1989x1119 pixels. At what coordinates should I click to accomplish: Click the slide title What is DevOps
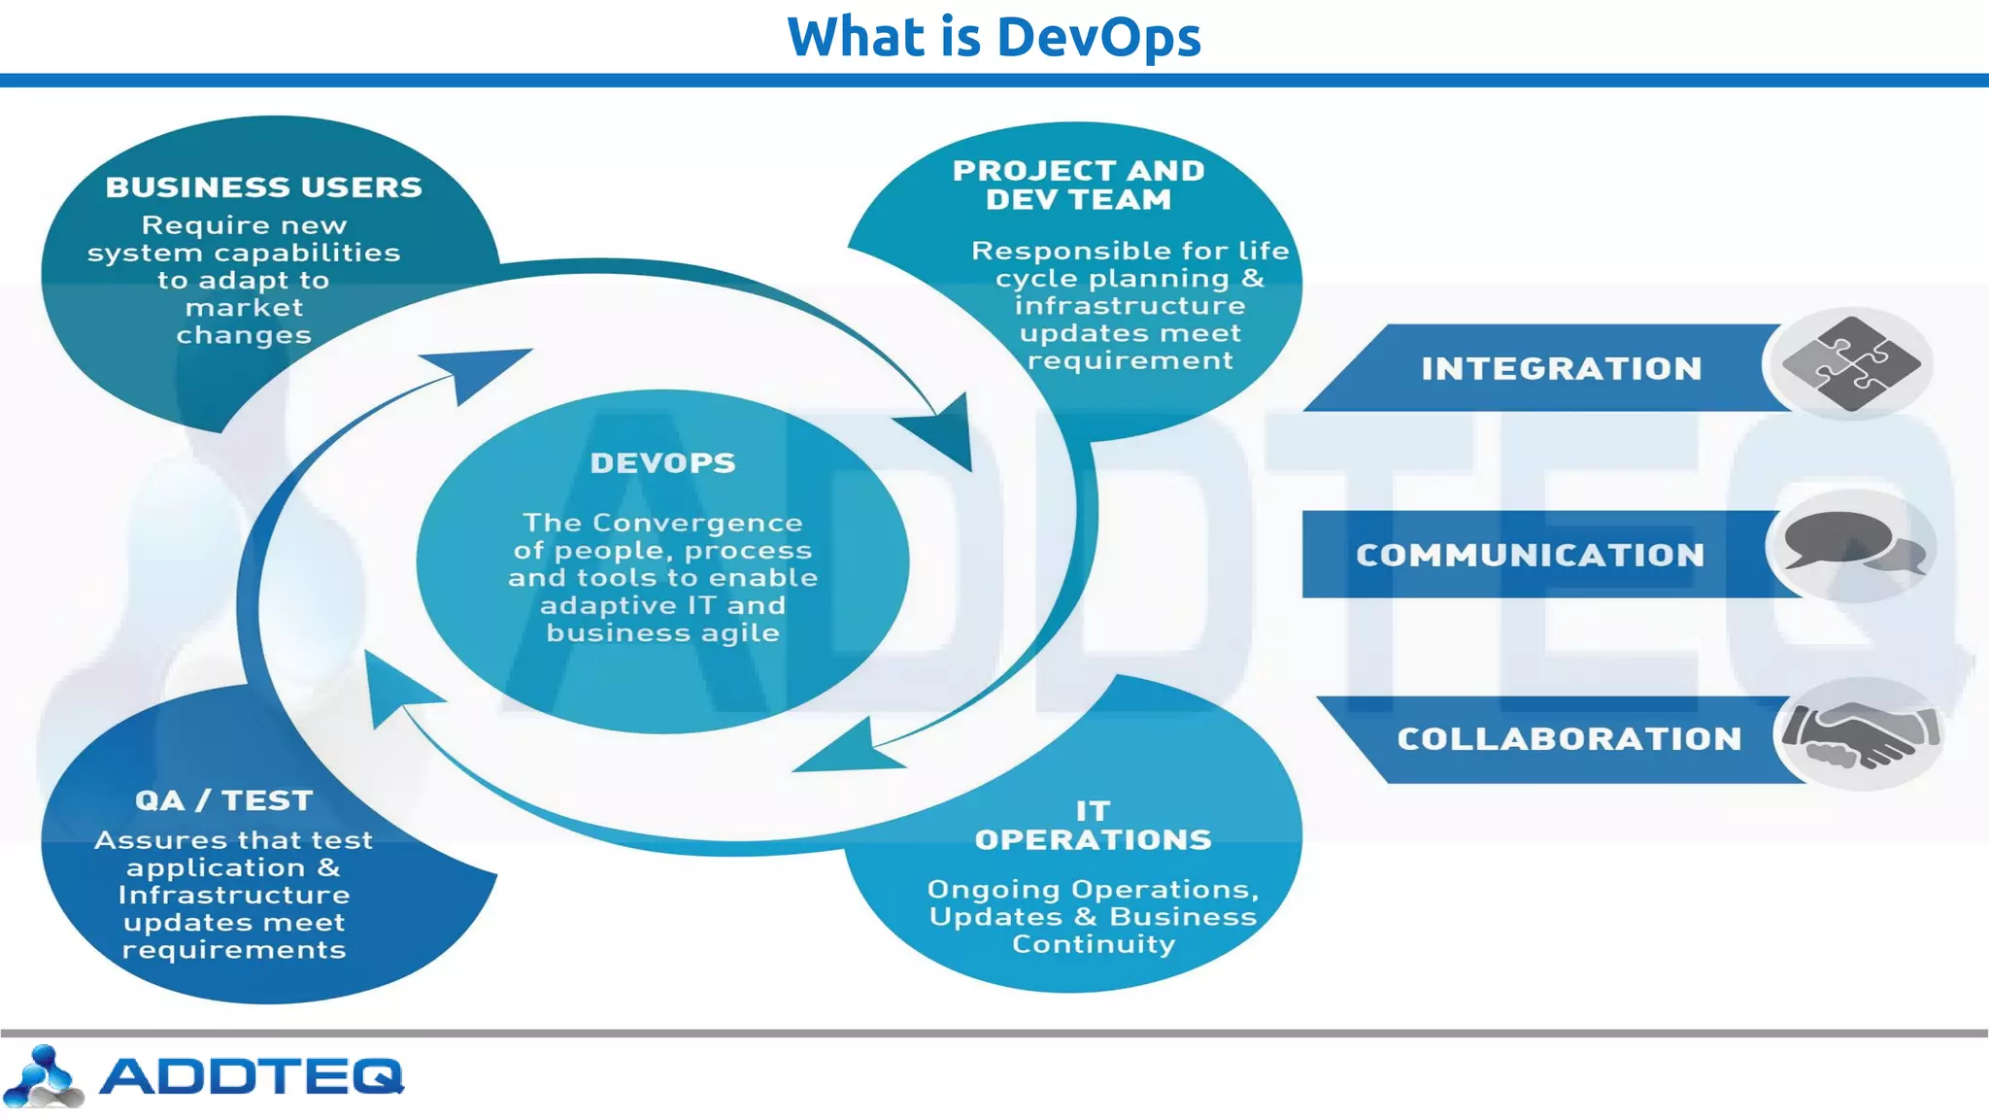click(x=994, y=37)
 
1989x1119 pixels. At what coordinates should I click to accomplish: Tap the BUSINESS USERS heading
click(x=263, y=186)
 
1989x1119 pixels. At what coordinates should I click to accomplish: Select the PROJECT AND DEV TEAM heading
click(x=1078, y=185)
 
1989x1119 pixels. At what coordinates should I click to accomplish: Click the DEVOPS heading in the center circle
click(x=662, y=463)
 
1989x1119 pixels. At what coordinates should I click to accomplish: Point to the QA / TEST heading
click(x=224, y=800)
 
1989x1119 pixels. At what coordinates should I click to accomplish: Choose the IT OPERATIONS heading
click(x=1093, y=826)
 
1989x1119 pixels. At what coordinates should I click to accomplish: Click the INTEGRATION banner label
click(x=1561, y=369)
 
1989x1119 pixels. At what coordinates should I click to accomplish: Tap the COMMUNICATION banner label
click(x=1530, y=555)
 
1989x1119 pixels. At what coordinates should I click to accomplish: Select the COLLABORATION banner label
click(x=1568, y=739)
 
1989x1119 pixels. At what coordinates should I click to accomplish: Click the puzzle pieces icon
click(x=1850, y=364)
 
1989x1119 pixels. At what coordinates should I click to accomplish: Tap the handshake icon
click(x=1860, y=734)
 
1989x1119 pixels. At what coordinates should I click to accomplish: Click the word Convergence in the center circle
click(x=696, y=523)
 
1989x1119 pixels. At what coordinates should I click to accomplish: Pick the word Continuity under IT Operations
click(x=1093, y=944)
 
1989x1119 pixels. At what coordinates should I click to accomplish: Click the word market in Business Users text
click(x=244, y=308)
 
